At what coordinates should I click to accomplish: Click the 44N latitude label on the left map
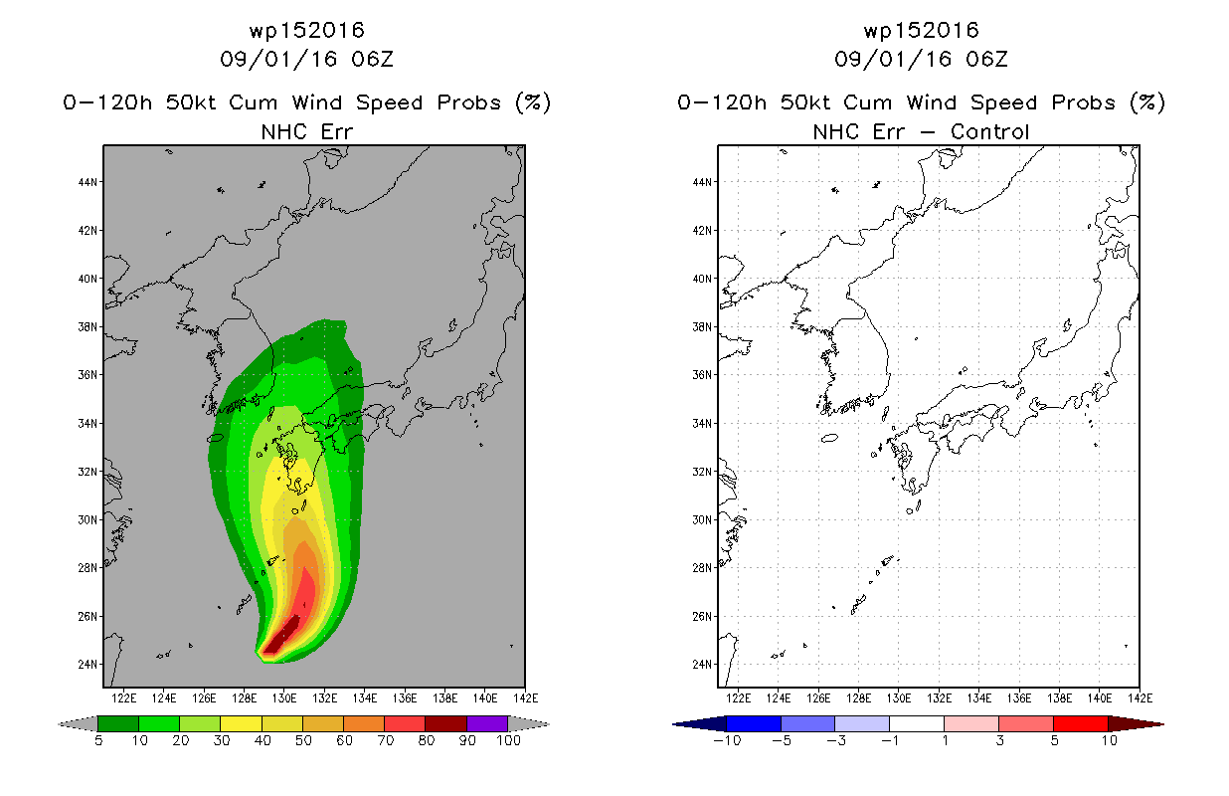pos(88,182)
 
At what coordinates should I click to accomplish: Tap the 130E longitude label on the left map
pos(284,698)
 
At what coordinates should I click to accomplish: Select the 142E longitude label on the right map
pos(1140,698)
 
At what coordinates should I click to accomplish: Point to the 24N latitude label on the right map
pos(702,665)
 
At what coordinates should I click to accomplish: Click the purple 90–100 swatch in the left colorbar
pos(487,723)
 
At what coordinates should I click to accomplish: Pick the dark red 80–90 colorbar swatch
pos(446,723)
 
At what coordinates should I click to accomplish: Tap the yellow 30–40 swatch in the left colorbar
pos(241,723)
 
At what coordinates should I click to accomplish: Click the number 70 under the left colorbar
pos(385,740)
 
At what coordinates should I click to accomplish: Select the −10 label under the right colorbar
pos(727,740)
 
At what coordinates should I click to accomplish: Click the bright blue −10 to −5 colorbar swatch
pos(754,723)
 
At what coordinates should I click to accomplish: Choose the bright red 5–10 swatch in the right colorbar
pos(1081,723)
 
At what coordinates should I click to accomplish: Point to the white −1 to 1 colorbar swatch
pos(917,723)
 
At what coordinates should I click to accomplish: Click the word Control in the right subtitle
pos(989,131)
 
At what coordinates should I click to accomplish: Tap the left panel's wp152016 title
pos(306,30)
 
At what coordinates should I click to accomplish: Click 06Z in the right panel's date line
pos(986,59)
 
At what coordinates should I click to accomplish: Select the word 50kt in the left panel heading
pos(191,102)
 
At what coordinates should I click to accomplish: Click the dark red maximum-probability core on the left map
pos(282,636)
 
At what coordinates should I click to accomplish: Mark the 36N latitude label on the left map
pos(88,375)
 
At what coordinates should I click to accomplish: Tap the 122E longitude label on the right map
pos(738,698)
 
